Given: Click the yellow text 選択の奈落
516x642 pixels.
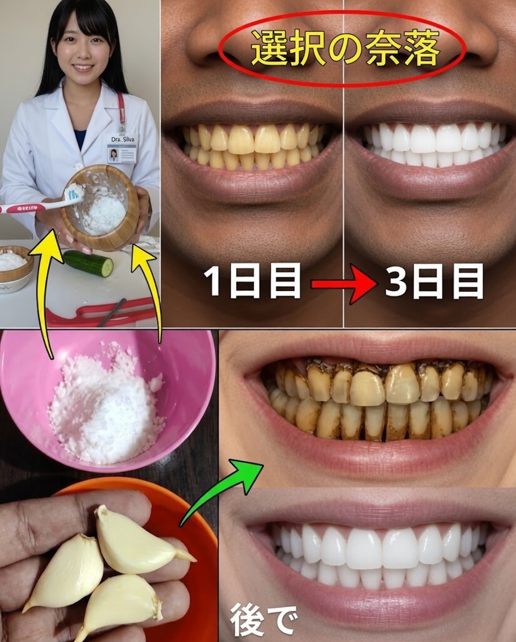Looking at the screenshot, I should (345, 50).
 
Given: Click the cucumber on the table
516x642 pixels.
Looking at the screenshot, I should (88, 263).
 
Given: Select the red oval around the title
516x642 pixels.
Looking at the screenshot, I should (342, 50).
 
